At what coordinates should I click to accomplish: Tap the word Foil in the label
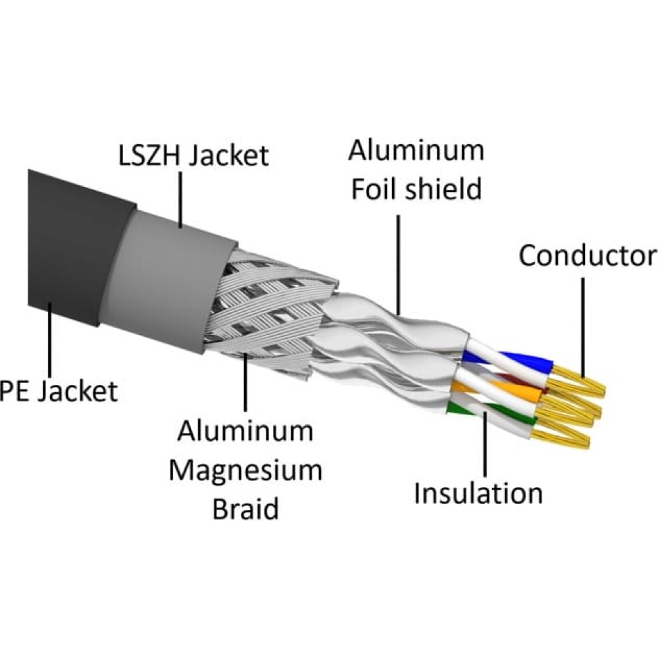click(x=376, y=190)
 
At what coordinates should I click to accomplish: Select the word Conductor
click(x=587, y=256)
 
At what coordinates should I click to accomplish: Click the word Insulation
click(x=478, y=493)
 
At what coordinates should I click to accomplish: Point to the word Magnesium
click(x=245, y=471)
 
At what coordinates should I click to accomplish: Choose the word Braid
click(x=245, y=509)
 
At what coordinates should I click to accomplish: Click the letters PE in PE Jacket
click(x=14, y=392)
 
